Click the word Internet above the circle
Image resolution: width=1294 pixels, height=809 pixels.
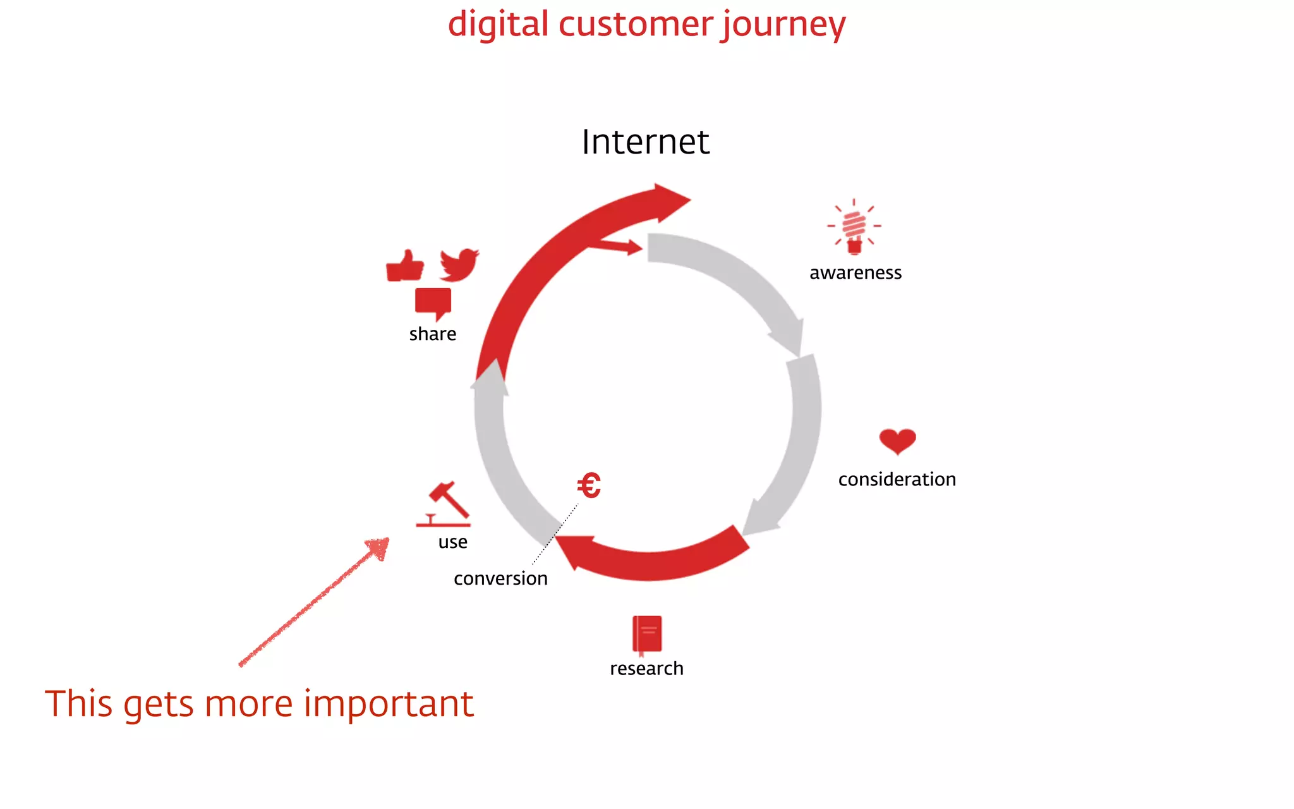(x=645, y=142)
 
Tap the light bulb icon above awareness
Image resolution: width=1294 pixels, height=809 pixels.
(x=854, y=227)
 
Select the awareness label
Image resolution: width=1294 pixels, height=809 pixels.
(x=856, y=273)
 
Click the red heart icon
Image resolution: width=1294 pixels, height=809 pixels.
(x=897, y=441)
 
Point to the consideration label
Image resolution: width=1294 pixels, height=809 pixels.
(x=897, y=480)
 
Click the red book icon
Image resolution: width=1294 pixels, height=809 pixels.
(x=647, y=634)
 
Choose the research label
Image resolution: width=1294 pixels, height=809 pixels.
(x=646, y=669)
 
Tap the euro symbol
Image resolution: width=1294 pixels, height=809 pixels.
(x=589, y=486)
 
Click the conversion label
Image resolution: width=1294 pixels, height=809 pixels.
(x=500, y=579)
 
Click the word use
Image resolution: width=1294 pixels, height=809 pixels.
(x=452, y=542)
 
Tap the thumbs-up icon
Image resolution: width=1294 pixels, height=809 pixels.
(x=404, y=266)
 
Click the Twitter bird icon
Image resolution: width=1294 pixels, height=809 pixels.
(x=459, y=265)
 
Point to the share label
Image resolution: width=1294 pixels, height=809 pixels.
(x=432, y=334)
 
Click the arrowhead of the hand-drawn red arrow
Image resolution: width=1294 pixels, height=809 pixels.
(x=378, y=547)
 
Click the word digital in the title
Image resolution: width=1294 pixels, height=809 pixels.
(x=498, y=25)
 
